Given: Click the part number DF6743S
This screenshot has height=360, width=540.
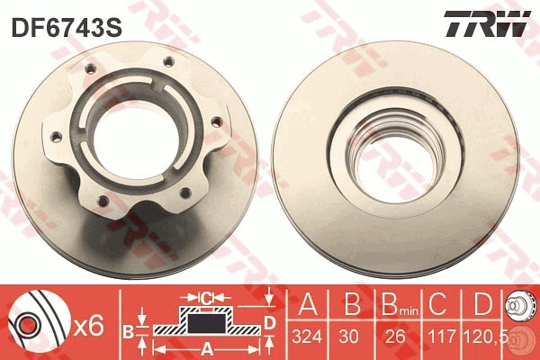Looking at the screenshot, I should point(65,28).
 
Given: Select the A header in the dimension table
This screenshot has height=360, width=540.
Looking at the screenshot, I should point(308,303).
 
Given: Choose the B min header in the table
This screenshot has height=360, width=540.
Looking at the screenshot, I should point(393,304).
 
